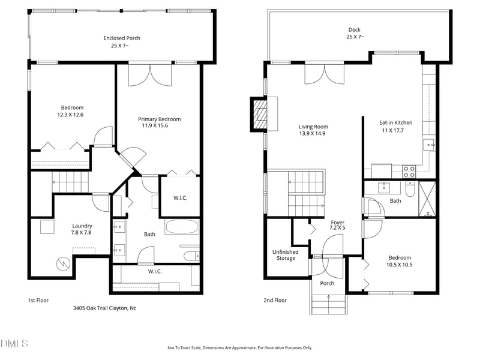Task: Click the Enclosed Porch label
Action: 122,38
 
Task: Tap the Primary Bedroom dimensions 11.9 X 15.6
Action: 155,125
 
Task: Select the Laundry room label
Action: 82,226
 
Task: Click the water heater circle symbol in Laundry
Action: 64,263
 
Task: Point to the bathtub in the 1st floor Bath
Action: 182,227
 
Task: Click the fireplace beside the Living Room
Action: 259,115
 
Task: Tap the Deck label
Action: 355,29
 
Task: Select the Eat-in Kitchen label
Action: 396,123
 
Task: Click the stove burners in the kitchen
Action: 409,172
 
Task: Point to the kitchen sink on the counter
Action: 429,145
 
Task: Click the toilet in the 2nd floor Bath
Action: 410,190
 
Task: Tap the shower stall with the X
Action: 427,199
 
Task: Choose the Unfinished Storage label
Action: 286,255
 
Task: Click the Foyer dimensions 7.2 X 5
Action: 337,228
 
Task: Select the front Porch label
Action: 327,283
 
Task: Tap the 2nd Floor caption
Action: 275,301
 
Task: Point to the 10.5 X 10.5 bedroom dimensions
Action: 399,265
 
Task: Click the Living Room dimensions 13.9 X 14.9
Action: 312,133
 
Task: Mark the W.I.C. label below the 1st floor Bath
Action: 155,271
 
